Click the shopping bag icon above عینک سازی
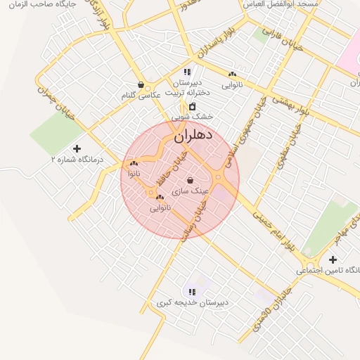point(191,180)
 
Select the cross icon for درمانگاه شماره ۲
point(77,148)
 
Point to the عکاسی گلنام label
point(141,95)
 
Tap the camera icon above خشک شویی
point(192,106)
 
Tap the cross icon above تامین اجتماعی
point(333,259)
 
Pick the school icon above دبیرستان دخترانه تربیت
point(186,72)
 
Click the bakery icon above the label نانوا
point(134,163)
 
